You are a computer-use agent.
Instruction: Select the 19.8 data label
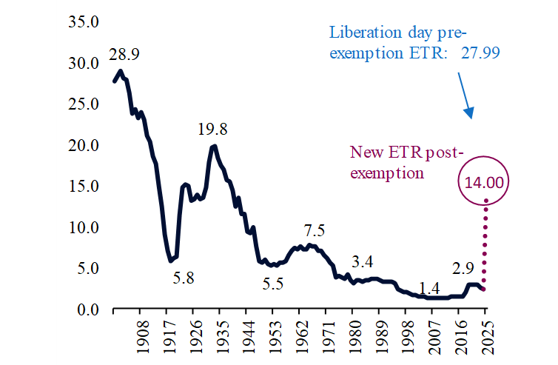point(212,129)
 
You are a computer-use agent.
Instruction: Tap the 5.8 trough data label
point(185,279)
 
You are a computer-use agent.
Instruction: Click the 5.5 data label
point(275,282)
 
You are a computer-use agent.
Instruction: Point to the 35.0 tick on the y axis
point(84,21)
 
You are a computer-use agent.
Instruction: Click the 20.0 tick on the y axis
point(84,144)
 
